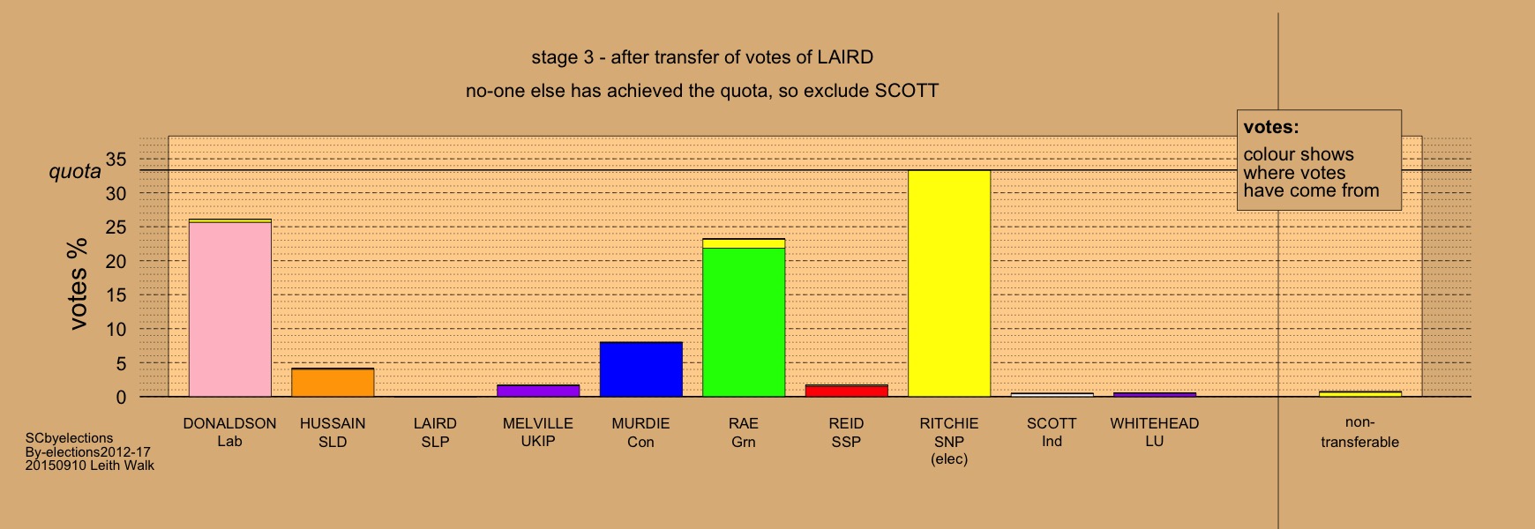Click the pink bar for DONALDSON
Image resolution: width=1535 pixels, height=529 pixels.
pos(229,309)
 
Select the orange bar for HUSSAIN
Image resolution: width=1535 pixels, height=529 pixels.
pos(333,383)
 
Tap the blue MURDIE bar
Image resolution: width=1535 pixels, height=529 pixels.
pos(640,369)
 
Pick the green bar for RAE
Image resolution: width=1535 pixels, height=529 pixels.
pos(744,323)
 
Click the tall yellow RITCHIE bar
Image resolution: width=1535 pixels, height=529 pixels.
pos(949,284)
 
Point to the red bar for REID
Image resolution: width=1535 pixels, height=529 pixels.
pos(846,391)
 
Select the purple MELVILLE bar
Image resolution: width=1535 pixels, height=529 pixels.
pos(538,391)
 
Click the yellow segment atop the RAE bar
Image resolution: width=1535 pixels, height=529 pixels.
pos(744,243)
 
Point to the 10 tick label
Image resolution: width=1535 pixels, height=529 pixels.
pos(116,330)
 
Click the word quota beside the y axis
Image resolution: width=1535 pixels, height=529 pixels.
pos(75,171)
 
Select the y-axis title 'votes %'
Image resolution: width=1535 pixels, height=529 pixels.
pos(79,284)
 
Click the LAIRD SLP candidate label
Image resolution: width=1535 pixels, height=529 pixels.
pos(435,432)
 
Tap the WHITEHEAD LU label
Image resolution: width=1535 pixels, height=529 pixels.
pos(1155,432)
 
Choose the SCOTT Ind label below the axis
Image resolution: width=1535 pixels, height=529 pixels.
pos(1052,432)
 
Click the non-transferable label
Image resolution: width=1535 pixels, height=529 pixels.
pos(1359,432)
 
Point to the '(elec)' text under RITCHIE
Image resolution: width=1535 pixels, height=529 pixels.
pos(949,459)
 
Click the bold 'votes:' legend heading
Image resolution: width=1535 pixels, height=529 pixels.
pos(1271,128)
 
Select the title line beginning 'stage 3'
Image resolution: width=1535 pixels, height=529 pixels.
pos(702,58)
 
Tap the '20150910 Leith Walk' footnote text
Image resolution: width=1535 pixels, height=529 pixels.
pos(90,466)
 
